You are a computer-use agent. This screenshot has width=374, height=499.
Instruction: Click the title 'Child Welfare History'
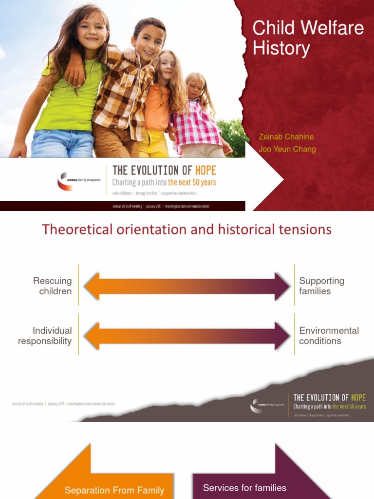(308, 38)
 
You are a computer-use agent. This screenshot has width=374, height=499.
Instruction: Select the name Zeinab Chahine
(286, 136)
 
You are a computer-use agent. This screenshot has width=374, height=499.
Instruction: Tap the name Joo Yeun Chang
(287, 149)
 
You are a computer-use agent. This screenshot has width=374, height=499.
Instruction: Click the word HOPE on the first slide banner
(205, 171)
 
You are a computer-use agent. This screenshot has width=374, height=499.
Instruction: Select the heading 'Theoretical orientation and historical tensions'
(187, 229)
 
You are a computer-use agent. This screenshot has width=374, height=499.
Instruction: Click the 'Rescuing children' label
(53, 286)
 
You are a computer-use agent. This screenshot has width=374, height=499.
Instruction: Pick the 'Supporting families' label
(321, 286)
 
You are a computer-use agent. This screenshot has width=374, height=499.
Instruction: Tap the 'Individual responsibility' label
(45, 336)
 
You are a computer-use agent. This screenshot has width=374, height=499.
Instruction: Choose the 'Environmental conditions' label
(328, 336)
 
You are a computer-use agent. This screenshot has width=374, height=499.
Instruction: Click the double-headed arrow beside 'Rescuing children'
(187, 286)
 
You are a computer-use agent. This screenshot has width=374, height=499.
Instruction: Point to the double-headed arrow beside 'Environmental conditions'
(187, 336)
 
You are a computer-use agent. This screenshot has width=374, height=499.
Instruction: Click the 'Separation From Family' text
(114, 490)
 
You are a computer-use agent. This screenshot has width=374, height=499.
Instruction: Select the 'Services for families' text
(244, 488)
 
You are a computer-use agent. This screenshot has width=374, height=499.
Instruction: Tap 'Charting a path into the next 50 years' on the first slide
(164, 183)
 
